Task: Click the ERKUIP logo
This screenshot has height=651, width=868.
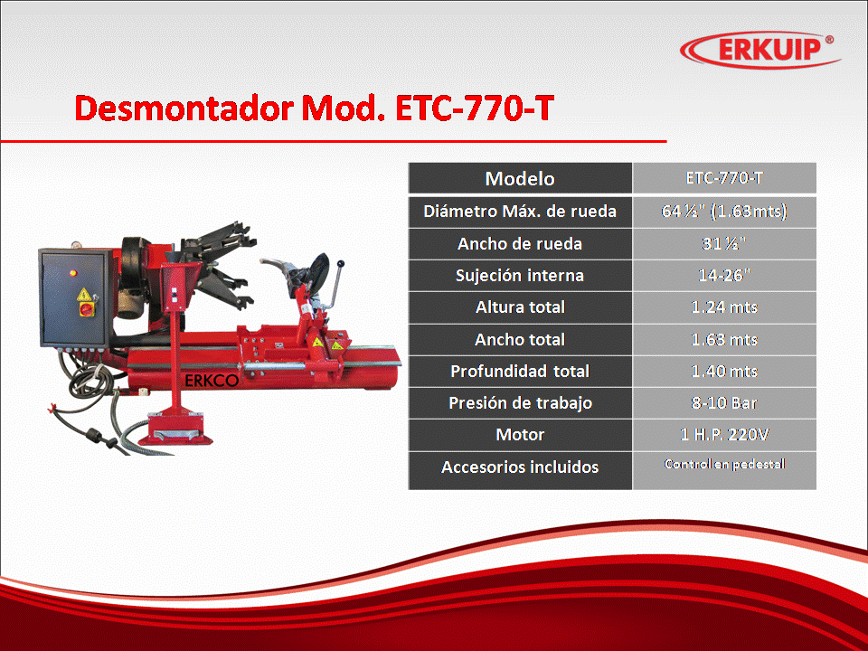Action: click(x=759, y=49)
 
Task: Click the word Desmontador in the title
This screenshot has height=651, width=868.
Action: click(x=184, y=108)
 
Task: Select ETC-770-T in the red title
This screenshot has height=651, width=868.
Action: click(x=475, y=108)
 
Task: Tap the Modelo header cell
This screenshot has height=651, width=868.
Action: click(x=520, y=178)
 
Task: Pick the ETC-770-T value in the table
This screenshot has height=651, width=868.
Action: click(x=724, y=178)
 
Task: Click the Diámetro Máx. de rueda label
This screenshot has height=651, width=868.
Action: click(x=520, y=211)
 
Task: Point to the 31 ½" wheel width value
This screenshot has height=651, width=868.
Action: click(x=724, y=243)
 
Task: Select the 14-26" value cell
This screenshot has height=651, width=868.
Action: click(x=724, y=276)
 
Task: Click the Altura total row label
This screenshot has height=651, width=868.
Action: click(x=520, y=307)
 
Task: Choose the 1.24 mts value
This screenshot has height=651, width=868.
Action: click(x=724, y=307)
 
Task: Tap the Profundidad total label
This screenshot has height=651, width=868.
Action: click(x=520, y=371)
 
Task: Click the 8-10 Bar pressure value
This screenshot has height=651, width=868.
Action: click(x=724, y=403)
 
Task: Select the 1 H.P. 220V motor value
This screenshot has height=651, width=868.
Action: click(x=724, y=435)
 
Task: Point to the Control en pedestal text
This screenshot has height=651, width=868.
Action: click(x=724, y=464)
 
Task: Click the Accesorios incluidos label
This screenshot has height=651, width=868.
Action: click(x=520, y=467)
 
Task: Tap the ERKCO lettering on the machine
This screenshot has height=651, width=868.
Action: click(x=212, y=381)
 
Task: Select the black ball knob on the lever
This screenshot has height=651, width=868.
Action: click(x=341, y=264)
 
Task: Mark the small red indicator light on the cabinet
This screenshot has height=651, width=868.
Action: click(x=72, y=272)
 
